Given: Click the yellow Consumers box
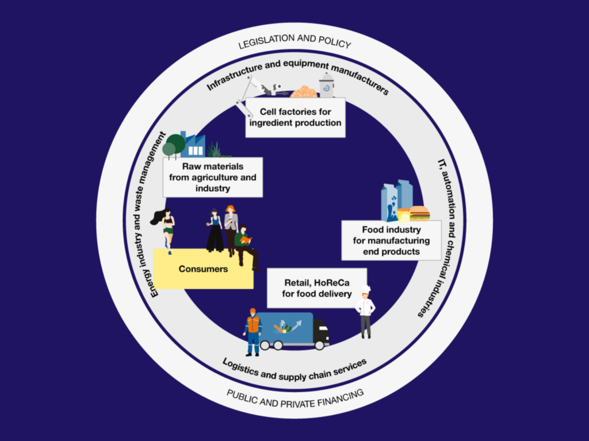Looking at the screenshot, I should (x=203, y=269).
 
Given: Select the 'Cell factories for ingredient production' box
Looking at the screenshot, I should (x=295, y=117).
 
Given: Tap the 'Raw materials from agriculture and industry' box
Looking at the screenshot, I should (x=213, y=177).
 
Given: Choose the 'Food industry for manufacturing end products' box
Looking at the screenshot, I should (x=391, y=241).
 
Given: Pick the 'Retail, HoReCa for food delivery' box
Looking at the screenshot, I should (x=317, y=288).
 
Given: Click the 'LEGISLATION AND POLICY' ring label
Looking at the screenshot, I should (x=294, y=44).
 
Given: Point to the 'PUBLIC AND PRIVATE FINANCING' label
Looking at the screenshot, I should (x=295, y=396).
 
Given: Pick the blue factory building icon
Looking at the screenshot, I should (x=193, y=146).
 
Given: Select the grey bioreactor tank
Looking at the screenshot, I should (x=327, y=86).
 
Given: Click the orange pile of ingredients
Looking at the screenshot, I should (x=303, y=92).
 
